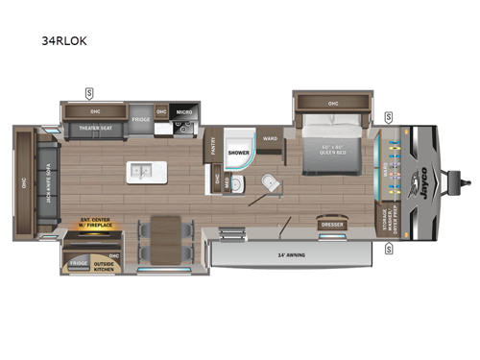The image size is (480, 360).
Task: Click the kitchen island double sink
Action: [x=146, y=173]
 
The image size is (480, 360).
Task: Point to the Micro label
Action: [x=185, y=112]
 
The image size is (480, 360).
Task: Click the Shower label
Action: [x=238, y=152]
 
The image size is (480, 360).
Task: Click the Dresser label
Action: [x=332, y=225]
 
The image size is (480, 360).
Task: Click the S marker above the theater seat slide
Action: [x=89, y=92]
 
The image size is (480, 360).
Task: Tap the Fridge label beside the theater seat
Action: [x=141, y=121]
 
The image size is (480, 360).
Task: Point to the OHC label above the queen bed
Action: [x=333, y=103]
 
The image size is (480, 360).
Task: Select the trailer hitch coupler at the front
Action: [x=468, y=179]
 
